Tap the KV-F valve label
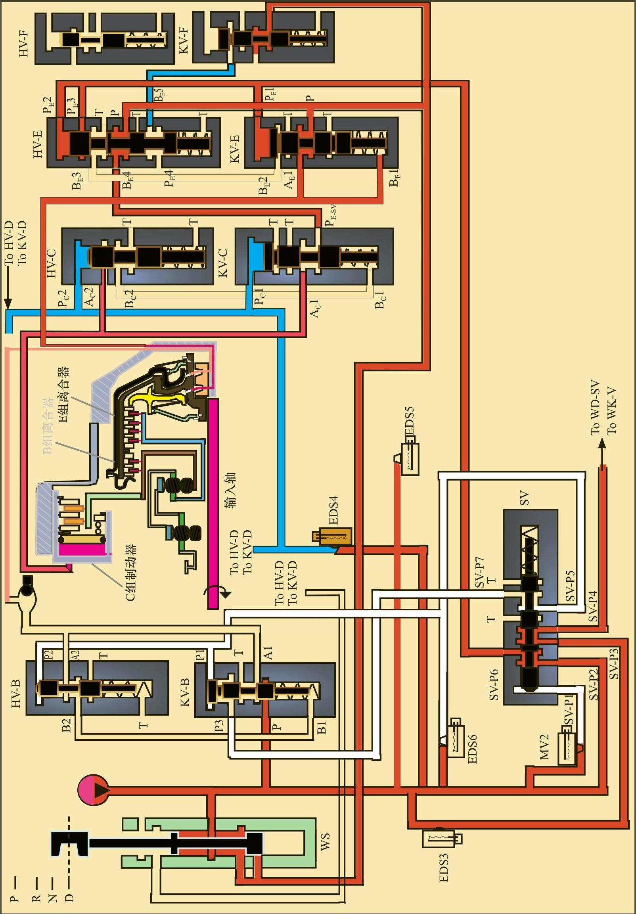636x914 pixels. pyautogui.click(x=184, y=40)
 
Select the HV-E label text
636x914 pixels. pyautogui.click(x=38, y=144)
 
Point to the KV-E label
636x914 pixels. pyautogui.click(x=235, y=148)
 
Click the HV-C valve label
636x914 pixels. pyautogui.click(x=52, y=263)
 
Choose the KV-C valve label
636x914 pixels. pyautogui.click(x=223, y=263)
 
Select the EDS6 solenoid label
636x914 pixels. pyautogui.click(x=472, y=749)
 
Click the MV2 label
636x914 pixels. pyautogui.click(x=544, y=747)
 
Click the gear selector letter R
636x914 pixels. pyautogui.click(x=36, y=899)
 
